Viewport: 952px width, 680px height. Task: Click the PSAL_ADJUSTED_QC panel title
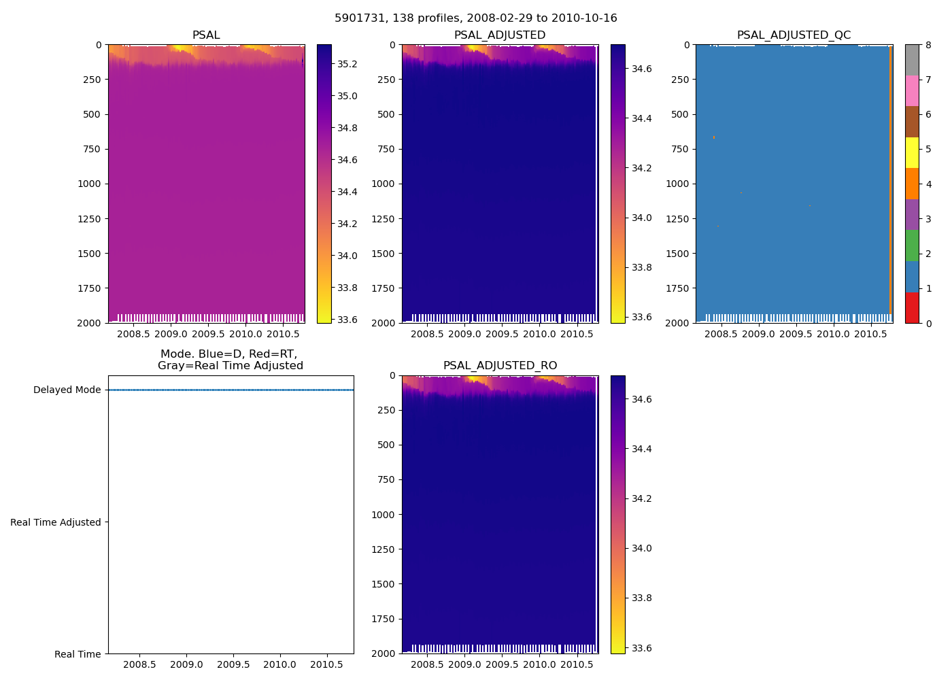(x=794, y=35)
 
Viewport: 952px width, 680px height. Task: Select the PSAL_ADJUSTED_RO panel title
(x=500, y=366)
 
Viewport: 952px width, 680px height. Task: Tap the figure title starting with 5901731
(x=476, y=18)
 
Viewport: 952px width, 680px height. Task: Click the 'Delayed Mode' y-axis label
(x=67, y=390)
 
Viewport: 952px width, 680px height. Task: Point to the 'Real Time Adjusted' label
(x=56, y=522)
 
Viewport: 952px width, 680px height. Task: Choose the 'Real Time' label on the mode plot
(x=78, y=654)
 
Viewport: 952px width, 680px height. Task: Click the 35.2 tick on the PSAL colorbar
(x=347, y=64)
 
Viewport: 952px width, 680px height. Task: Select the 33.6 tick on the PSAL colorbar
(x=347, y=320)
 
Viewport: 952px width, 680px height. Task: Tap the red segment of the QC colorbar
(x=912, y=307)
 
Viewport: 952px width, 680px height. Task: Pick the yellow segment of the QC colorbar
(x=912, y=152)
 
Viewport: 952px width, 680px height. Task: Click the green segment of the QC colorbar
(x=912, y=245)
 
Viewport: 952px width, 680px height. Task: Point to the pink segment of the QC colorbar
(x=912, y=90)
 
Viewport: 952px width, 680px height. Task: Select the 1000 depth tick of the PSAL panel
(x=88, y=184)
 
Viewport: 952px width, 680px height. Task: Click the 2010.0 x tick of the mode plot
(x=279, y=664)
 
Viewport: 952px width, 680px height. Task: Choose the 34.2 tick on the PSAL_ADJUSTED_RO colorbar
(x=642, y=498)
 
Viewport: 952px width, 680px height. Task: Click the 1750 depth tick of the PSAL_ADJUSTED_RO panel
(x=382, y=619)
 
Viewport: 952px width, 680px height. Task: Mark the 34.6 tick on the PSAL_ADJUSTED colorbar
(x=642, y=69)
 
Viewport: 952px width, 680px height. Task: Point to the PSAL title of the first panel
(x=206, y=35)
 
